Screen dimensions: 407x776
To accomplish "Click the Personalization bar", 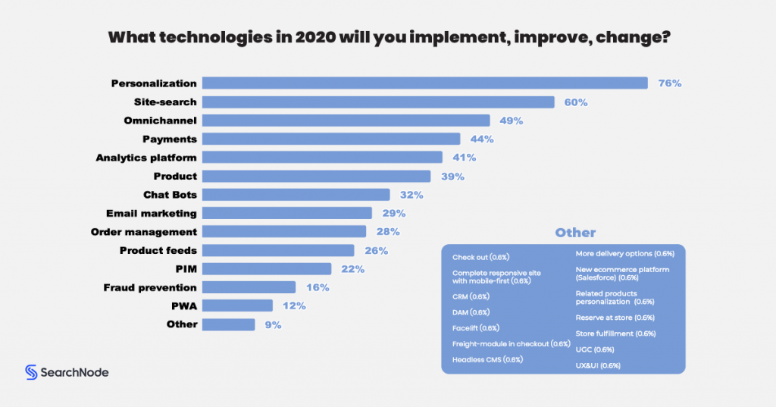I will point(424,83).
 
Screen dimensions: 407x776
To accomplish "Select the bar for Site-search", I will point(378,102).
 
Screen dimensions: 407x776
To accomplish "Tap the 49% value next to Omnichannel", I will point(512,121).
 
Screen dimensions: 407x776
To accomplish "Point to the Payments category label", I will point(170,139).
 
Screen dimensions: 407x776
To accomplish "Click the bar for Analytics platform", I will point(322,158).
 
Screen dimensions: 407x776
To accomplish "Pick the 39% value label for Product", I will point(452,176).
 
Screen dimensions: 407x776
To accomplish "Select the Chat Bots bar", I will point(296,195).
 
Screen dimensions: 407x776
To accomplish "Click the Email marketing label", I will point(152,213).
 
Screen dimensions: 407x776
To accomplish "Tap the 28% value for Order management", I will point(387,232).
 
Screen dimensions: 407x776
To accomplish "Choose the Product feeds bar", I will point(278,250).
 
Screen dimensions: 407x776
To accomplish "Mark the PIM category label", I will point(186,268).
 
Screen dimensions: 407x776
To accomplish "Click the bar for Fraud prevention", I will point(249,287).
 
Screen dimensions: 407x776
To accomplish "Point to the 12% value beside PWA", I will point(293,306).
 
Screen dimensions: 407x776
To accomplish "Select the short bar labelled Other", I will point(228,324).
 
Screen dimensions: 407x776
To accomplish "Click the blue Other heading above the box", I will point(575,233).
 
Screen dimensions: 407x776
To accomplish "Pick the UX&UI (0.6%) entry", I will point(598,365).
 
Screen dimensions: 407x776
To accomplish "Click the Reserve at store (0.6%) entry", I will point(615,318).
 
